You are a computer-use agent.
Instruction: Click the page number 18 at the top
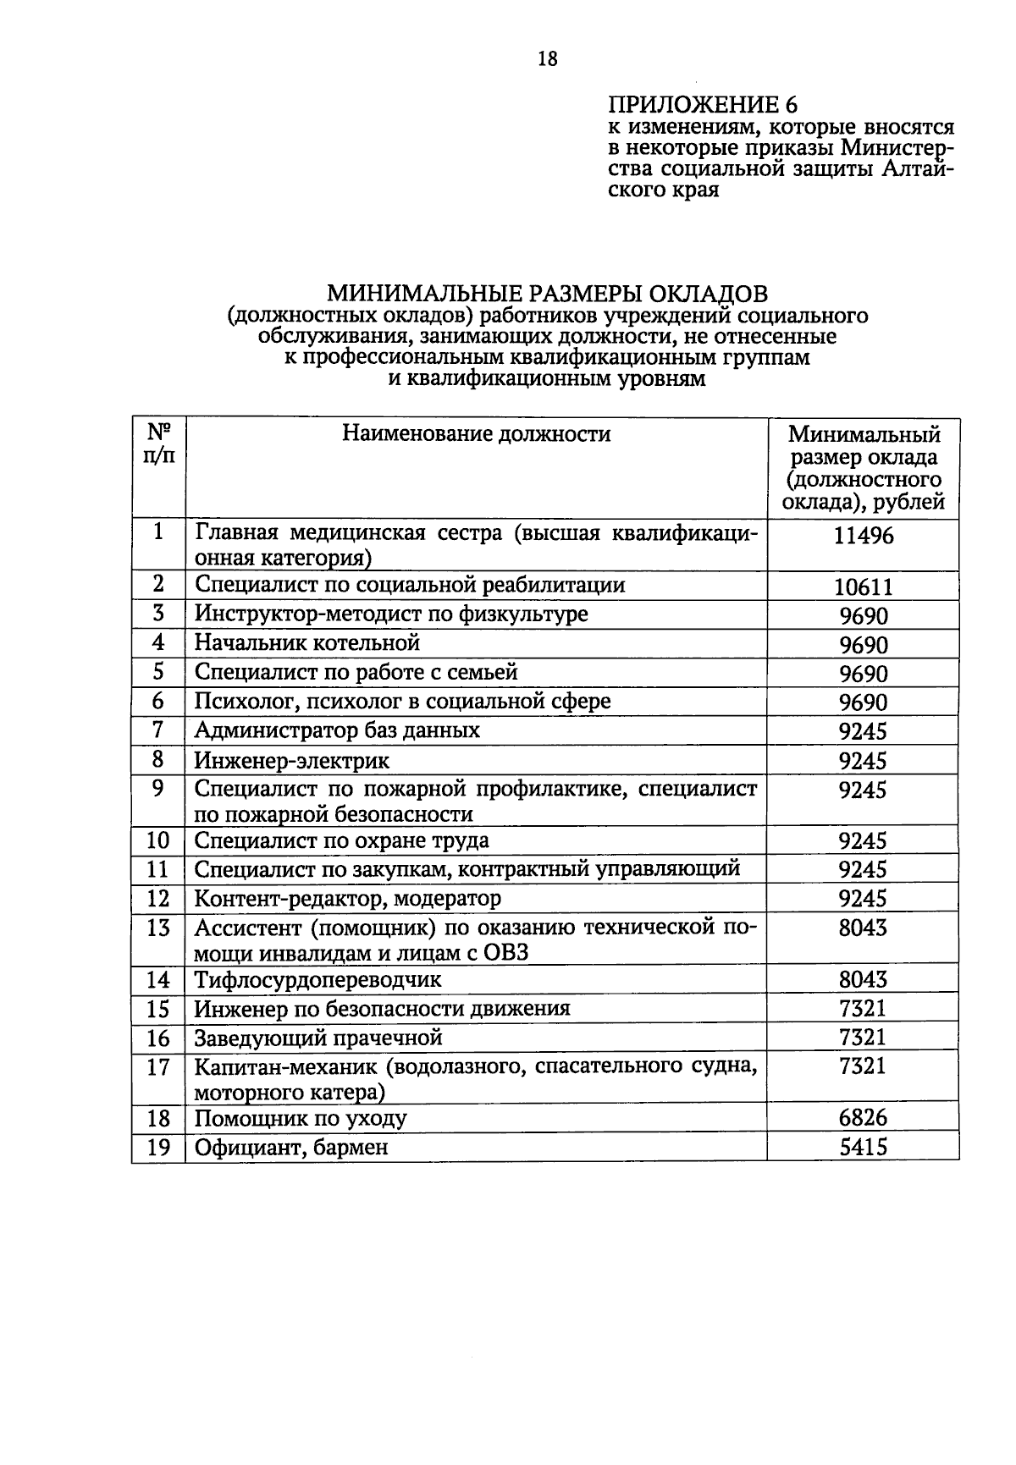pyautogui.click(x=548, y=58)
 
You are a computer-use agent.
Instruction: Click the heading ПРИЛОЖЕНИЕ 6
pyautogui.click(x=702, y=105)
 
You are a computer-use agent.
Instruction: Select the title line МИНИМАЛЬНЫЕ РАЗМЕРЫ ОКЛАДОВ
pyautogui.click(x=547, y=294)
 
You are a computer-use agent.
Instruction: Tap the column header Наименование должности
pyautogui.click(x=476, y=434)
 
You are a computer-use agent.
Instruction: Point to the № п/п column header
pyautogui.click(x=159, y=444)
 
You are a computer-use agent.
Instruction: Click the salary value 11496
pyautogui.click(x=863, y=536)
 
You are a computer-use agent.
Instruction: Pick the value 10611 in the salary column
pyautogui.click(x=863, y=587)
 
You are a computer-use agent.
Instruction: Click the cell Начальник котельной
pyautogui.click(x=307, y=643)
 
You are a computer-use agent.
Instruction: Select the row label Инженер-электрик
pyautogui.click(x=292, y=760)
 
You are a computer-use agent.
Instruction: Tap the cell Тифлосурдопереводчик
pyautogui.click(x=318, y=980)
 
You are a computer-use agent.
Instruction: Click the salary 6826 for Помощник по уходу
pyautogui.click(x=863, y=1118)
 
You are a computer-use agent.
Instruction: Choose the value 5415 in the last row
pyautogui.click(x=863, y=1148)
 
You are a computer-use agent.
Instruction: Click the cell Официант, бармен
pyautogui.click(x=291, y=1148)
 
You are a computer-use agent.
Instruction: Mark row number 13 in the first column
pyautogui.click(x=158, y=928)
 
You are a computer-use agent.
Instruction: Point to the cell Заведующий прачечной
pyautogui.click(x=318, y=1038)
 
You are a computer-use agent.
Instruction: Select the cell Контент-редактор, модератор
pyautogui.click(x=347, y=898)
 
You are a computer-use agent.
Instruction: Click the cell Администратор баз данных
pyautogui.click(x=337, y=730)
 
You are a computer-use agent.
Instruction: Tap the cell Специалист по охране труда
pyautogui.click(x=341, y=841)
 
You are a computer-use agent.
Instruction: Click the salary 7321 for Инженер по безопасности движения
pyautogui.click(x=863, y=1009)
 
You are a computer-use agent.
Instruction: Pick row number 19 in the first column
pyautogui.click(x=158, y=1148)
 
